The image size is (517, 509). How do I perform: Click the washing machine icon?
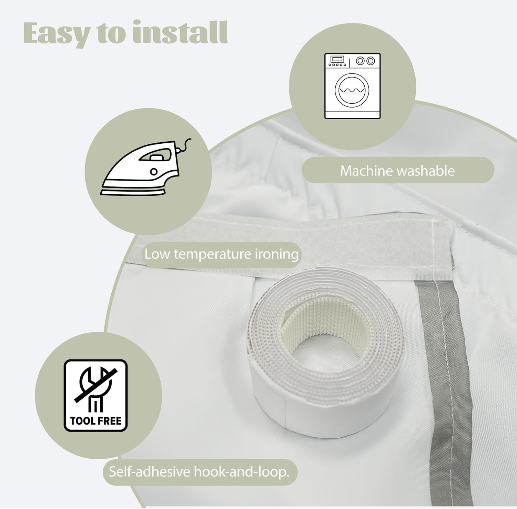coord(352,86)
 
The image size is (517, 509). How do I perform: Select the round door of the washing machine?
coord(352,90)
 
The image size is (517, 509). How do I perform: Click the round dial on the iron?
coord(154,172)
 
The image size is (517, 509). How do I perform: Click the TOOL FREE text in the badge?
coord(96,421)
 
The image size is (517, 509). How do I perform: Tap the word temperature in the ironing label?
coord(212,255)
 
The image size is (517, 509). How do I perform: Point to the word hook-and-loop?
coord(241,472)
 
